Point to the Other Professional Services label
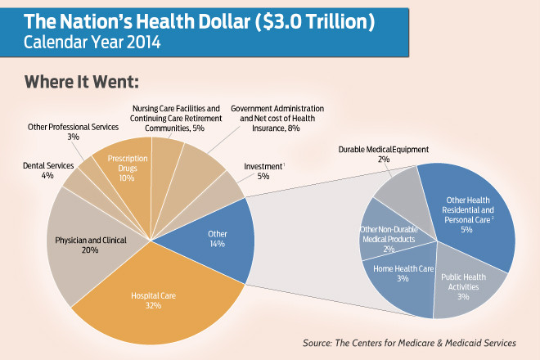tap(74, 132)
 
